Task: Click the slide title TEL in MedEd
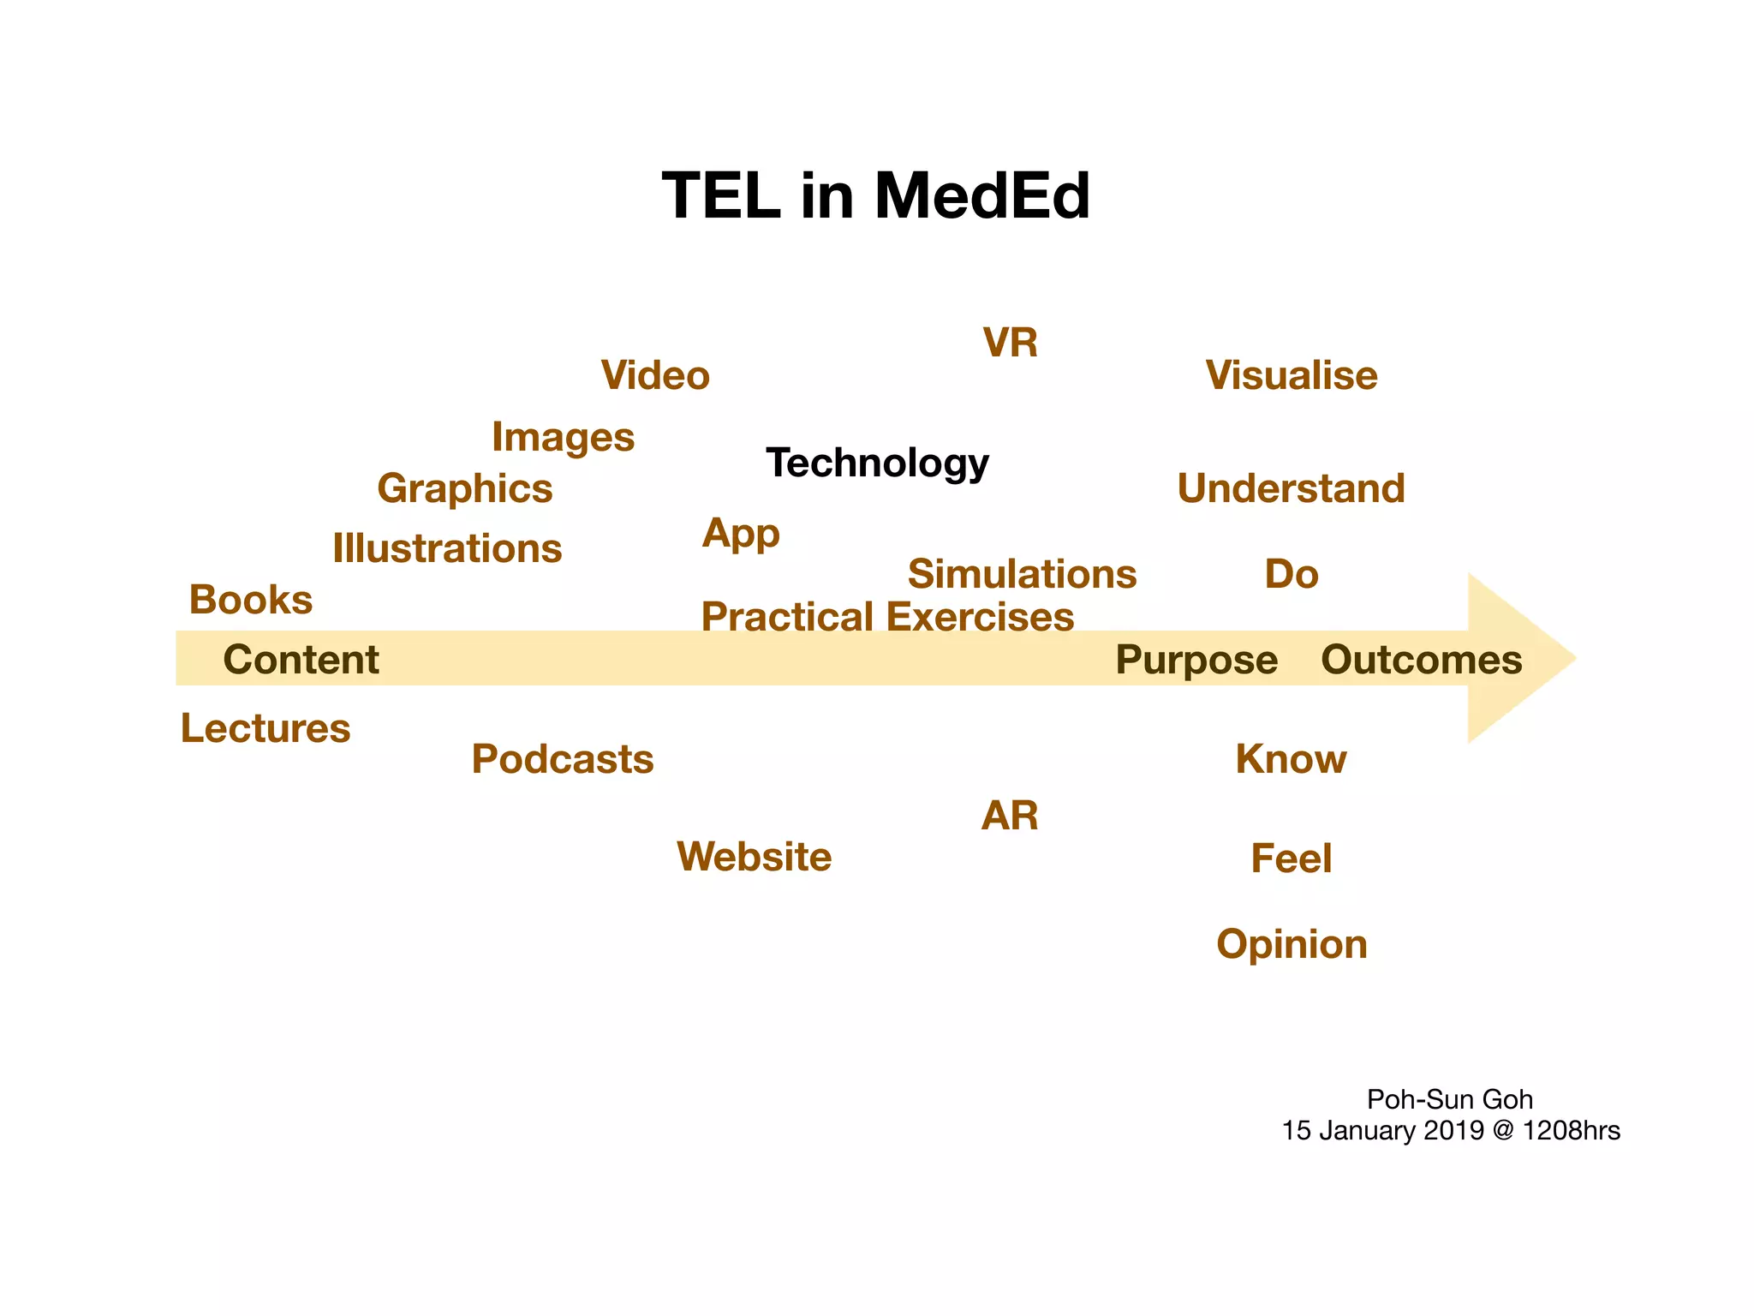tap(875, 196)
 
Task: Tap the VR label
tap(1010, 343)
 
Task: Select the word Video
tap(655, 375)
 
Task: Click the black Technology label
tap(877, 463)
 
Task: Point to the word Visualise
tap(1291, 375)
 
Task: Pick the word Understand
tap(1291, 488)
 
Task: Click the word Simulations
tap(1022, 574)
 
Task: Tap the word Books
tap(250, 600)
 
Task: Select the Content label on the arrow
tap(301, 660)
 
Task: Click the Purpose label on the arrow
tap(1196, 660)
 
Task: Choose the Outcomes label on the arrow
tap(1421, 660)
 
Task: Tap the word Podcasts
tap(562, 759)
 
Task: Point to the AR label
tap(1009, 816)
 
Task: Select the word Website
tap(754, 857)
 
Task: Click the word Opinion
tap(1291, 944)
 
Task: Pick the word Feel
tap(1291, 858)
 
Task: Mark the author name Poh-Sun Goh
tap(1449, 1099)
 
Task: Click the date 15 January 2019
tap(1382, 1131)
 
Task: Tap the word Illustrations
tap(447, 548)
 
